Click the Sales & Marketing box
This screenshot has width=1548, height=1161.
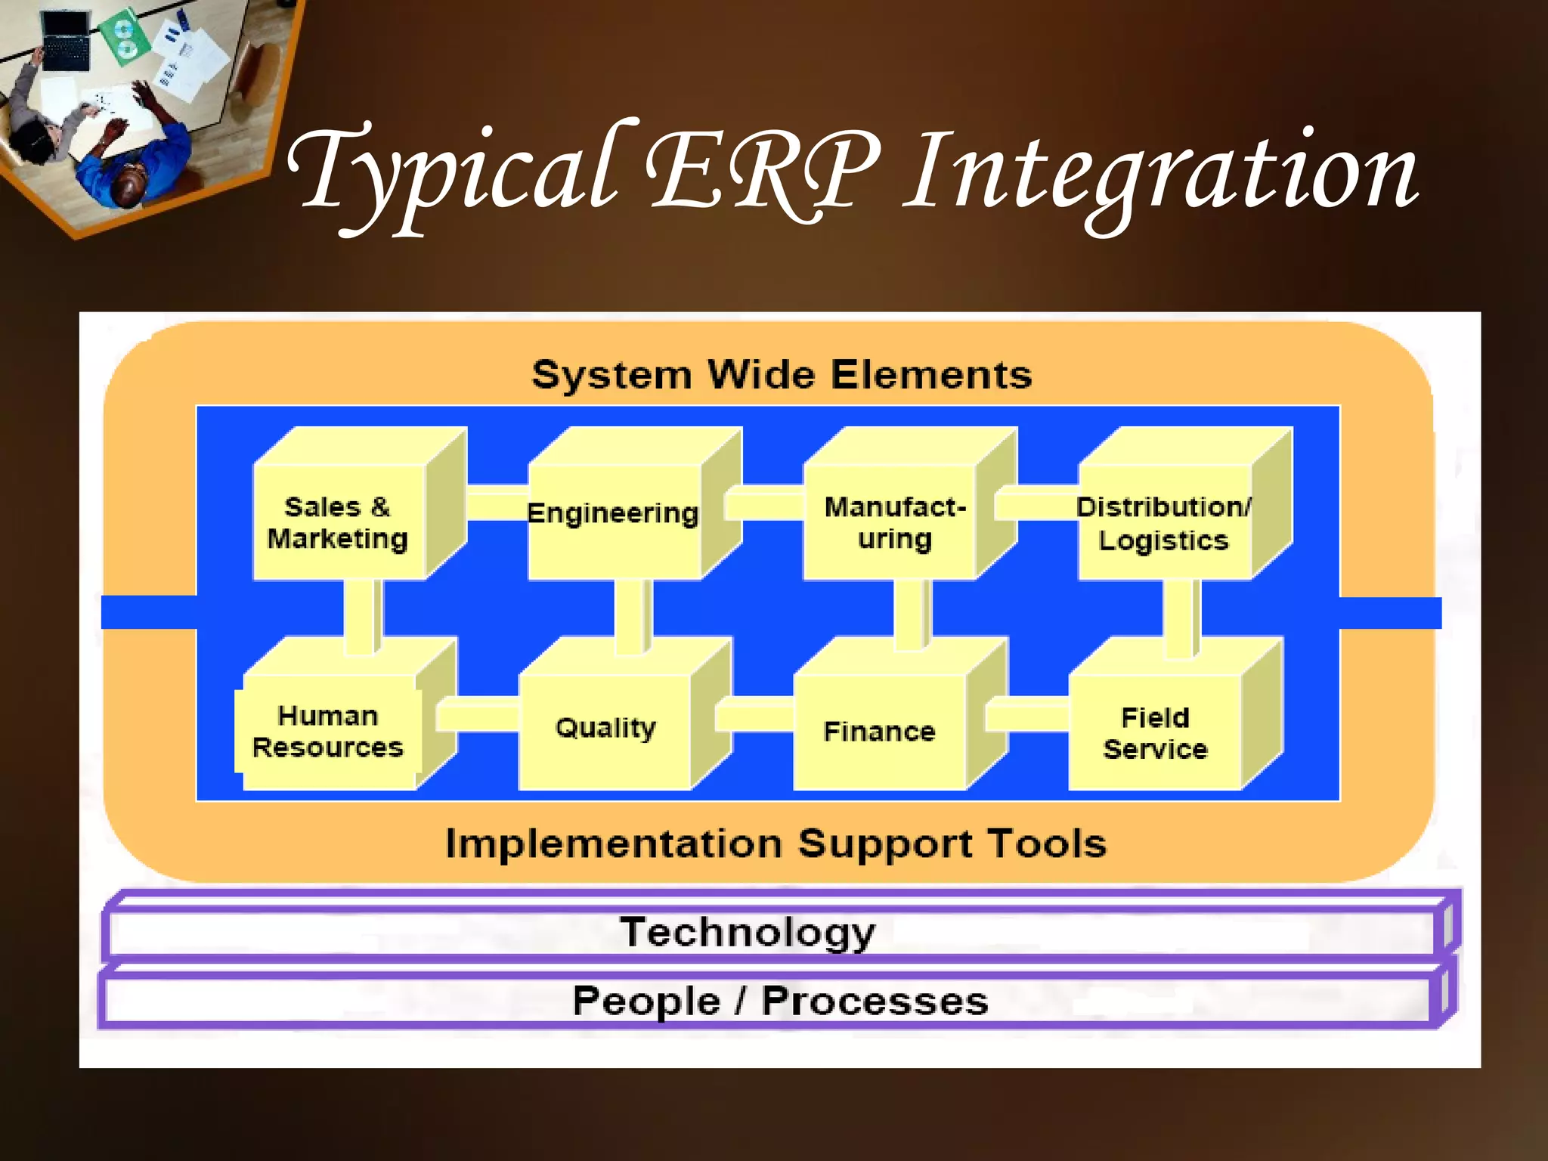click(338, 522)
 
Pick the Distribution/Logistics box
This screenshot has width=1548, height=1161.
click(1163, 522)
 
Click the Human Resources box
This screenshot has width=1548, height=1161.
click(328, 731)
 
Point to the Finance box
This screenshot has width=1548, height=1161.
click(879, 731)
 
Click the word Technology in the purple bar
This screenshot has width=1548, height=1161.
click(747, 933)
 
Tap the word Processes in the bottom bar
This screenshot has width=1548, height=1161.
click(875, 1002)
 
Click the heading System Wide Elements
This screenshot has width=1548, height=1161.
click(782, 375)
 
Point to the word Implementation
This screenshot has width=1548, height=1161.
click(613, 844)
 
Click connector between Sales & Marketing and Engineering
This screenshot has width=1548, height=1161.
click(497, 504)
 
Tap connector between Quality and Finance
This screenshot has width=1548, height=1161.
click(754, 715)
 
